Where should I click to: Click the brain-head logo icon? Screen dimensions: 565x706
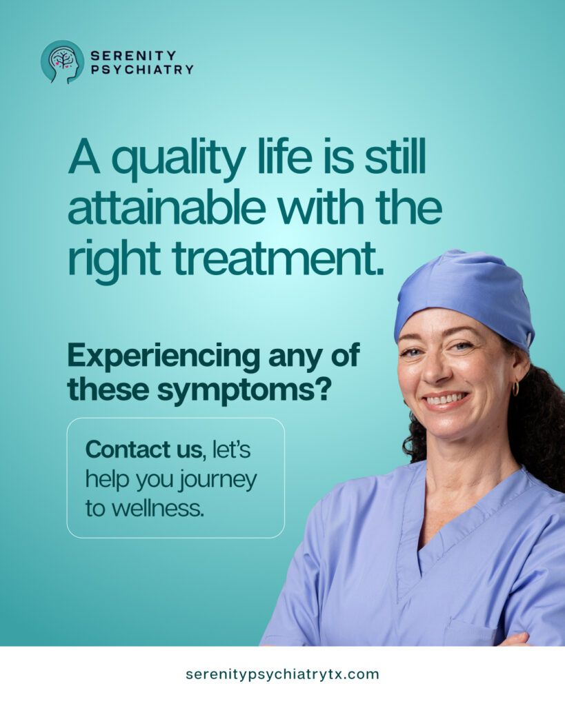[x=62, y=62]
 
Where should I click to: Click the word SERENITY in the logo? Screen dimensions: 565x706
[x=133, y=55]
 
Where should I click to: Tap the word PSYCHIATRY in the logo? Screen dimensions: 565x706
[x=142, y=70]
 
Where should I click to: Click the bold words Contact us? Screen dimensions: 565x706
[x=143, y=450]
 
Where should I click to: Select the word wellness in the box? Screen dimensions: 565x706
[x=157, y=509]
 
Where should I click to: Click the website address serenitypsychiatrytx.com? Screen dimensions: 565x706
[x=283, y=674]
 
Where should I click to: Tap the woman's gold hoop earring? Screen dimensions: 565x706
[x=515, y=387]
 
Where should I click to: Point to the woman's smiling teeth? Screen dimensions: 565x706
[x=446, y=399]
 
